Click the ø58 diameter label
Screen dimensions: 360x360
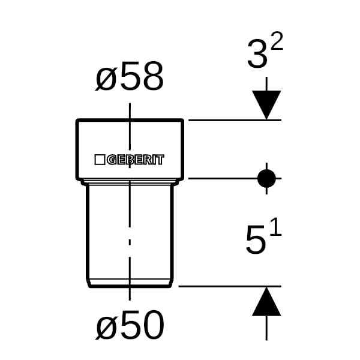[x=130, y=78]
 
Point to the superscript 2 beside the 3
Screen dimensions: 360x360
[x=277, y=42]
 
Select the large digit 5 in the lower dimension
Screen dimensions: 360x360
[x=256, y=240]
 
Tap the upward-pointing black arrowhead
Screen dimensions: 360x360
[x=266, y=302]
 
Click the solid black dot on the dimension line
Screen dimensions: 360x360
[x=266, y=178]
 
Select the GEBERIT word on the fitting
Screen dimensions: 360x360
[x=136, y=160]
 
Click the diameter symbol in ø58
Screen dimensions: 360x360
[x=106, y=80]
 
